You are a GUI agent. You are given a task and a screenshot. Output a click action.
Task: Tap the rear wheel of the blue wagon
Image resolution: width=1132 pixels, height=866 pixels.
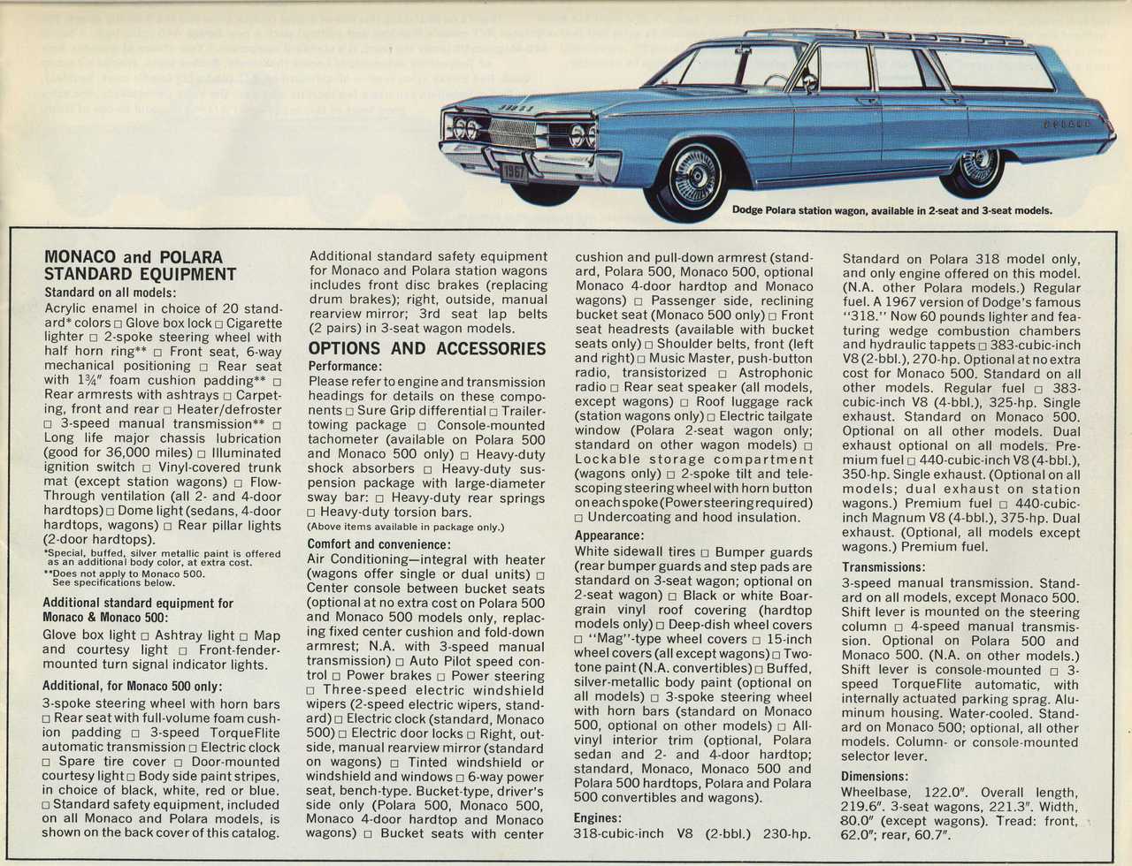tap(975, 167)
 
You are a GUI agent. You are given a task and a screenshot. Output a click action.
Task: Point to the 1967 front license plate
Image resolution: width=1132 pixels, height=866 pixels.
tap(513, 171)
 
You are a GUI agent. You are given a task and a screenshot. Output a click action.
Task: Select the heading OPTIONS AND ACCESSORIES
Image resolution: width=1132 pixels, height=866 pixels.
tap(427, 348)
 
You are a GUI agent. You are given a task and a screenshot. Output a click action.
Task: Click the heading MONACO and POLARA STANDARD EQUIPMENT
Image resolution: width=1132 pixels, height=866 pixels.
tap(140, 266)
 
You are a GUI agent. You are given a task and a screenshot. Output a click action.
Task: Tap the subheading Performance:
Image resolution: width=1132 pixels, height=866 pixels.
tap(345, 366)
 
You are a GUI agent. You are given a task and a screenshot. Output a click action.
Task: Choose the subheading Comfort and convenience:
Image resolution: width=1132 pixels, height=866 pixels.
tap(379, 544)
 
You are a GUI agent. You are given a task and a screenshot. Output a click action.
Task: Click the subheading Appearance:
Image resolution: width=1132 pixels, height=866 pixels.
tap(609, 536)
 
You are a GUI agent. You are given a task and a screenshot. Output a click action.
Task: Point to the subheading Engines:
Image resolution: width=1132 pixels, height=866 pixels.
tap(598, 818)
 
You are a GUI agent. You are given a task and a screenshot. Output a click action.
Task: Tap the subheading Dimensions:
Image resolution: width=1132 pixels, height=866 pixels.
tap(875, 777)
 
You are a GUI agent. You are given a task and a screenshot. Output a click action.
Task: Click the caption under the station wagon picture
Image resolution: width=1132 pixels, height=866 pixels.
tap(891, 210)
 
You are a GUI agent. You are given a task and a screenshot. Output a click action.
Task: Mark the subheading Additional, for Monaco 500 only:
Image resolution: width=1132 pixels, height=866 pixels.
tap(133, 686)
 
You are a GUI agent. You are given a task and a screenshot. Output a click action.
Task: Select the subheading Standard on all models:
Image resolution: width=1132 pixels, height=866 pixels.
tap(111, 292)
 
